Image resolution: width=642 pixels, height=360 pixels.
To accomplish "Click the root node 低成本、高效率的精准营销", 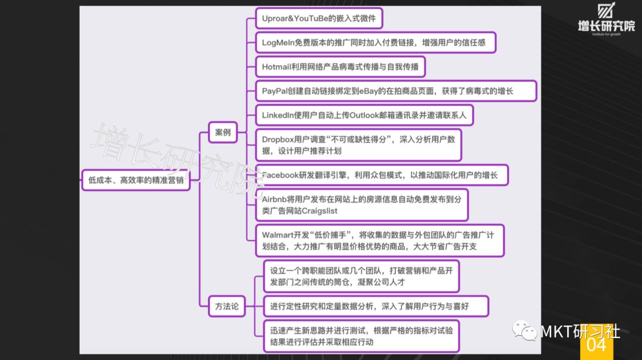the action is point(136,180).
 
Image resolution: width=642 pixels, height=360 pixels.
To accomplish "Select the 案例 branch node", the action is point(223,132).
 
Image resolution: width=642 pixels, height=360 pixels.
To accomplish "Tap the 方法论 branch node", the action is point(227,306).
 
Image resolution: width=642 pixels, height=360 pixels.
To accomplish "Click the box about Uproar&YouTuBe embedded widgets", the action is point(319,18).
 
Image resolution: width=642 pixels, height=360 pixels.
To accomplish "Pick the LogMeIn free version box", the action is point(376,43).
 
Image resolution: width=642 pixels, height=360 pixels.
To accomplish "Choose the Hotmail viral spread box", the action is point(340,67).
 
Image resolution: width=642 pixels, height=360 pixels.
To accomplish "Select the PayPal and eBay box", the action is point(396,91).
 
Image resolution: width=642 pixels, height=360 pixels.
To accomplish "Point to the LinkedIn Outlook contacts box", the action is point(364,115).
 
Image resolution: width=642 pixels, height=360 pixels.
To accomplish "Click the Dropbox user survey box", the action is point(358,145).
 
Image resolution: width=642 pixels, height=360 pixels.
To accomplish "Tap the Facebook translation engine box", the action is point(382,175).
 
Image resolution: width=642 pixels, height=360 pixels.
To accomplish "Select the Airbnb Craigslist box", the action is point(361,205).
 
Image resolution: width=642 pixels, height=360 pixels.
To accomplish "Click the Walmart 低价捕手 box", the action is point(379,241).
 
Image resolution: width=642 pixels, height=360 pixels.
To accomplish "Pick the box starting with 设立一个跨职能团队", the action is point(361,276).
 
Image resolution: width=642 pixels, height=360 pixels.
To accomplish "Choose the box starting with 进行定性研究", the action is point(376,306).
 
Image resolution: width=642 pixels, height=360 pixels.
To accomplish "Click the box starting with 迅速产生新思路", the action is point(361,336).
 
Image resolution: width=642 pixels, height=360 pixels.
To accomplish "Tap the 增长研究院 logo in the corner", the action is point(606,19).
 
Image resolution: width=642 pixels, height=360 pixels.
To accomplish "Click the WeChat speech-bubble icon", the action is point(524,330).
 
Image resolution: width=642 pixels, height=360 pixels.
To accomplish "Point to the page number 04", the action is point(596,345).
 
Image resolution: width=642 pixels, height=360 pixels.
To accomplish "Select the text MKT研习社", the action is point(580,331).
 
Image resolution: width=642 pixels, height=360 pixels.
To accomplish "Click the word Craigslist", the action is point(319,211).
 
